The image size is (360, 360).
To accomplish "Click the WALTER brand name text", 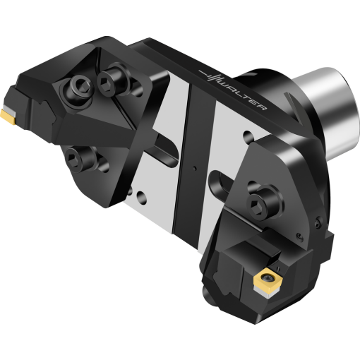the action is (242, 95).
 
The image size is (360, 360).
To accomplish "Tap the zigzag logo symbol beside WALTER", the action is (210, 76).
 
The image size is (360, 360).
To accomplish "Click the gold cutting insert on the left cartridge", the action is (8, 116).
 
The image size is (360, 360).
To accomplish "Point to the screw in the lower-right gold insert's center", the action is (268, 277).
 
